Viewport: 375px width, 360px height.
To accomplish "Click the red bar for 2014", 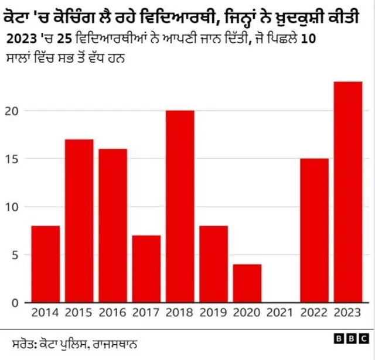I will tap(45, 264).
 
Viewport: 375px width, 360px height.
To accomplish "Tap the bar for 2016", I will tap(112, 225).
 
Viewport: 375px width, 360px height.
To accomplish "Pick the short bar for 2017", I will tap(146, 269).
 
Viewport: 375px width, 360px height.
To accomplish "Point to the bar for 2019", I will tap(213, 264).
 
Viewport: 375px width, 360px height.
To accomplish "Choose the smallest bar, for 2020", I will tap(247, 283).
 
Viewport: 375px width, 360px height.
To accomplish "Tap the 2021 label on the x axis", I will tap(281, 313).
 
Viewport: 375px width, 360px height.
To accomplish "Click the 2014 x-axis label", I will tap(45, 313).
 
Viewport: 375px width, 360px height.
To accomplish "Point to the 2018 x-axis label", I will tap(180, 313).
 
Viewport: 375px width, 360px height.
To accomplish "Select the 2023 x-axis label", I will tap(347, 313).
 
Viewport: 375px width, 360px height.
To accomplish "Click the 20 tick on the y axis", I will tap(16, 111).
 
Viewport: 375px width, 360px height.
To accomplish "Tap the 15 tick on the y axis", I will tap(16, 159).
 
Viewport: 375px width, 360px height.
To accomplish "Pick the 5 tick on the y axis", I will tap(19, 255).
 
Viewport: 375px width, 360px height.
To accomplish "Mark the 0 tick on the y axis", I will tap(19, 303).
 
